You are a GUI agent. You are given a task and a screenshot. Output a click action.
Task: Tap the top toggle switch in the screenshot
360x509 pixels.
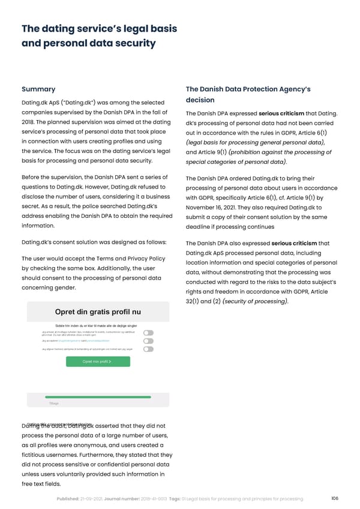point(148,333)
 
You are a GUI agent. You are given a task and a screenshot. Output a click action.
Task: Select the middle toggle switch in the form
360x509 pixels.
point(148,340)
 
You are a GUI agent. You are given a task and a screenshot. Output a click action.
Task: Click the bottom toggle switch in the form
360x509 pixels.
point(148,349)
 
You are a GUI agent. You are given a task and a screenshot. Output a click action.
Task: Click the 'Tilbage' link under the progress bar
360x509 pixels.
point(53,404)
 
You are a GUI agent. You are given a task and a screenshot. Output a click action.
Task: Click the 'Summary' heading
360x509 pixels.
point(38,89)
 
